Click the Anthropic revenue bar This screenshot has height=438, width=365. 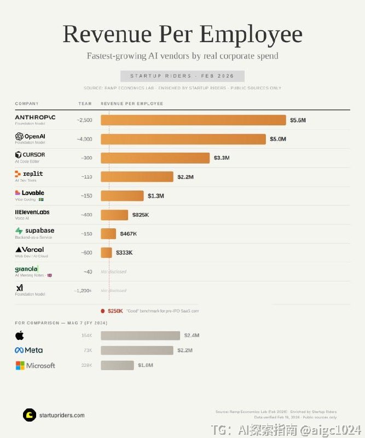coord(193,120)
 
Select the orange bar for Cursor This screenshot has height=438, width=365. coord(155,158)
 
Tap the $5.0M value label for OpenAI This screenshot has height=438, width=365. coord(277,139)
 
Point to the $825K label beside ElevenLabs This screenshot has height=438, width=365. coord(140,215)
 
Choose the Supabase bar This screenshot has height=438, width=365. coord(108,234)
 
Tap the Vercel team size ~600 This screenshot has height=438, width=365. coord(86,252)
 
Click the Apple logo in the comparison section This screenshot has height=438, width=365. coord(20,335)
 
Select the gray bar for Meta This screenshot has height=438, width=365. coord(137,350)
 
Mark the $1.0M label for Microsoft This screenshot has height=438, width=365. coord(145,365)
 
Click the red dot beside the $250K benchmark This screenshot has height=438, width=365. coord(102,311)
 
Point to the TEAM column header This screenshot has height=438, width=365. coord(85,103)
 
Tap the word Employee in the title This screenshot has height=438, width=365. coord(251,34)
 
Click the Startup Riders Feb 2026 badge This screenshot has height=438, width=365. coord(182,76)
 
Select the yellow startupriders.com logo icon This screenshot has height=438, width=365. coord(29,415)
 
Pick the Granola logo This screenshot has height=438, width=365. coord(26,269)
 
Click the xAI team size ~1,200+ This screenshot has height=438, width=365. coord(83,291)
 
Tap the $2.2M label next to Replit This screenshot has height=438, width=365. coord(186,177)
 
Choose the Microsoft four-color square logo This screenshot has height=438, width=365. coord(20,365)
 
